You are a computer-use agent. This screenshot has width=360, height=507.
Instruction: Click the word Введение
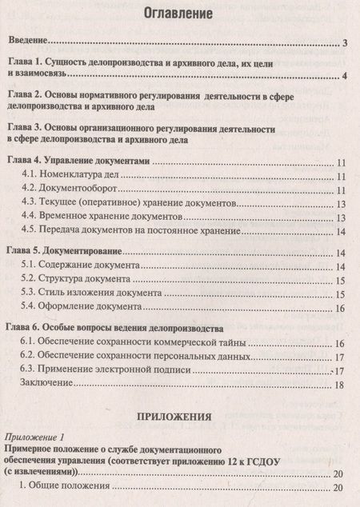pos(27,42)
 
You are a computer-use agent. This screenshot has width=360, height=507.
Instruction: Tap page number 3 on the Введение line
pos(342,43)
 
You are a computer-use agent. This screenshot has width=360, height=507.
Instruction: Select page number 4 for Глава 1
pos(342,76)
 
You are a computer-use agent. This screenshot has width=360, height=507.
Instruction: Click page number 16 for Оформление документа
pos(340,309)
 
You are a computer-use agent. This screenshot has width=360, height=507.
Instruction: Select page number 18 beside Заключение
pos(340,385)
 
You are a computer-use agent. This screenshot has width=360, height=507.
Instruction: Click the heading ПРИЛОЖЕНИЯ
pos(179,416)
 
